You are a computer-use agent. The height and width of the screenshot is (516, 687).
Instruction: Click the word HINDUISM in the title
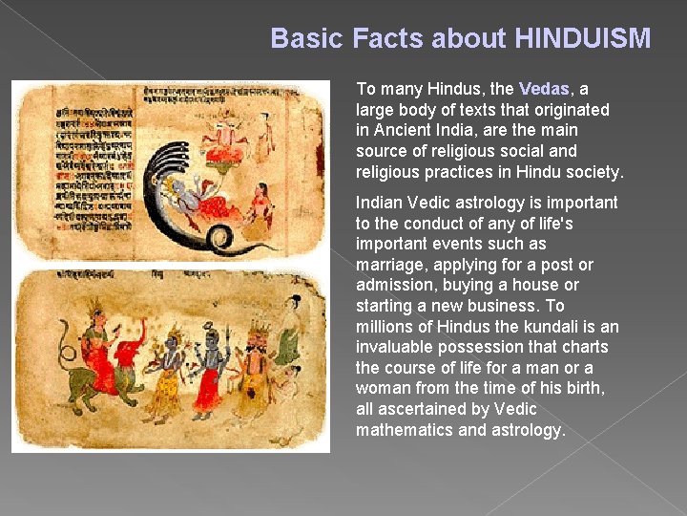coord(582,38)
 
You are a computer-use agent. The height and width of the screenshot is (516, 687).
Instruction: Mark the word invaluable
coord(397,347)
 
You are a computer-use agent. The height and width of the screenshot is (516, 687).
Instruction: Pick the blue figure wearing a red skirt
coord(212,368)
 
